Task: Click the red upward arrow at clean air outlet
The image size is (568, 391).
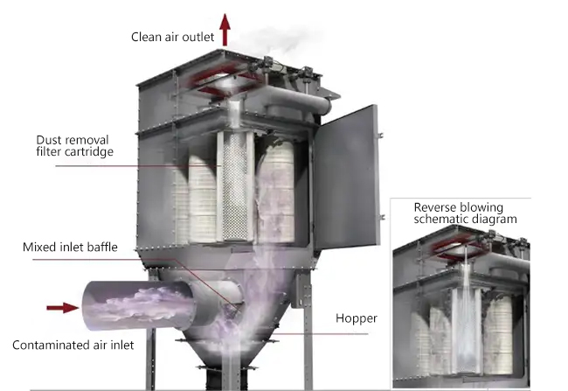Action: pyautogui.click(x=225, y=30)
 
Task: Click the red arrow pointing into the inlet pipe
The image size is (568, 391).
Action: pyautogui.click(x=63, y=308)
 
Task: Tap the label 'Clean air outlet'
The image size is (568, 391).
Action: pyautogui.click(x=172, y=37)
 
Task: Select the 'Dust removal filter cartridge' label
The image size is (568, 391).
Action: pyautogui.click(x=74, y=146)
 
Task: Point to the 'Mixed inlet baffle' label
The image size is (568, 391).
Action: pyautogui.click(x=70, y=247)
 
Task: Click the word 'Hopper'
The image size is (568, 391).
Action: pyautogui.click(x=357, y=318)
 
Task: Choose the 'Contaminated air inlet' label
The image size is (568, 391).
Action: pyautogui.click(x=73, y=345)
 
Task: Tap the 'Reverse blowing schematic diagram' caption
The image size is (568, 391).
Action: pyautogui.click(x=465, y=213)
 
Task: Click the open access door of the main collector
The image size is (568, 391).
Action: pyautogui.click(x=347, y=177)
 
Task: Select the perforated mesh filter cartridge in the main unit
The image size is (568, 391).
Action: pyautogui.click(x=235, y=186)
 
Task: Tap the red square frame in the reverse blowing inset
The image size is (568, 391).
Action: pyautogui.click(x=461, y=248)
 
